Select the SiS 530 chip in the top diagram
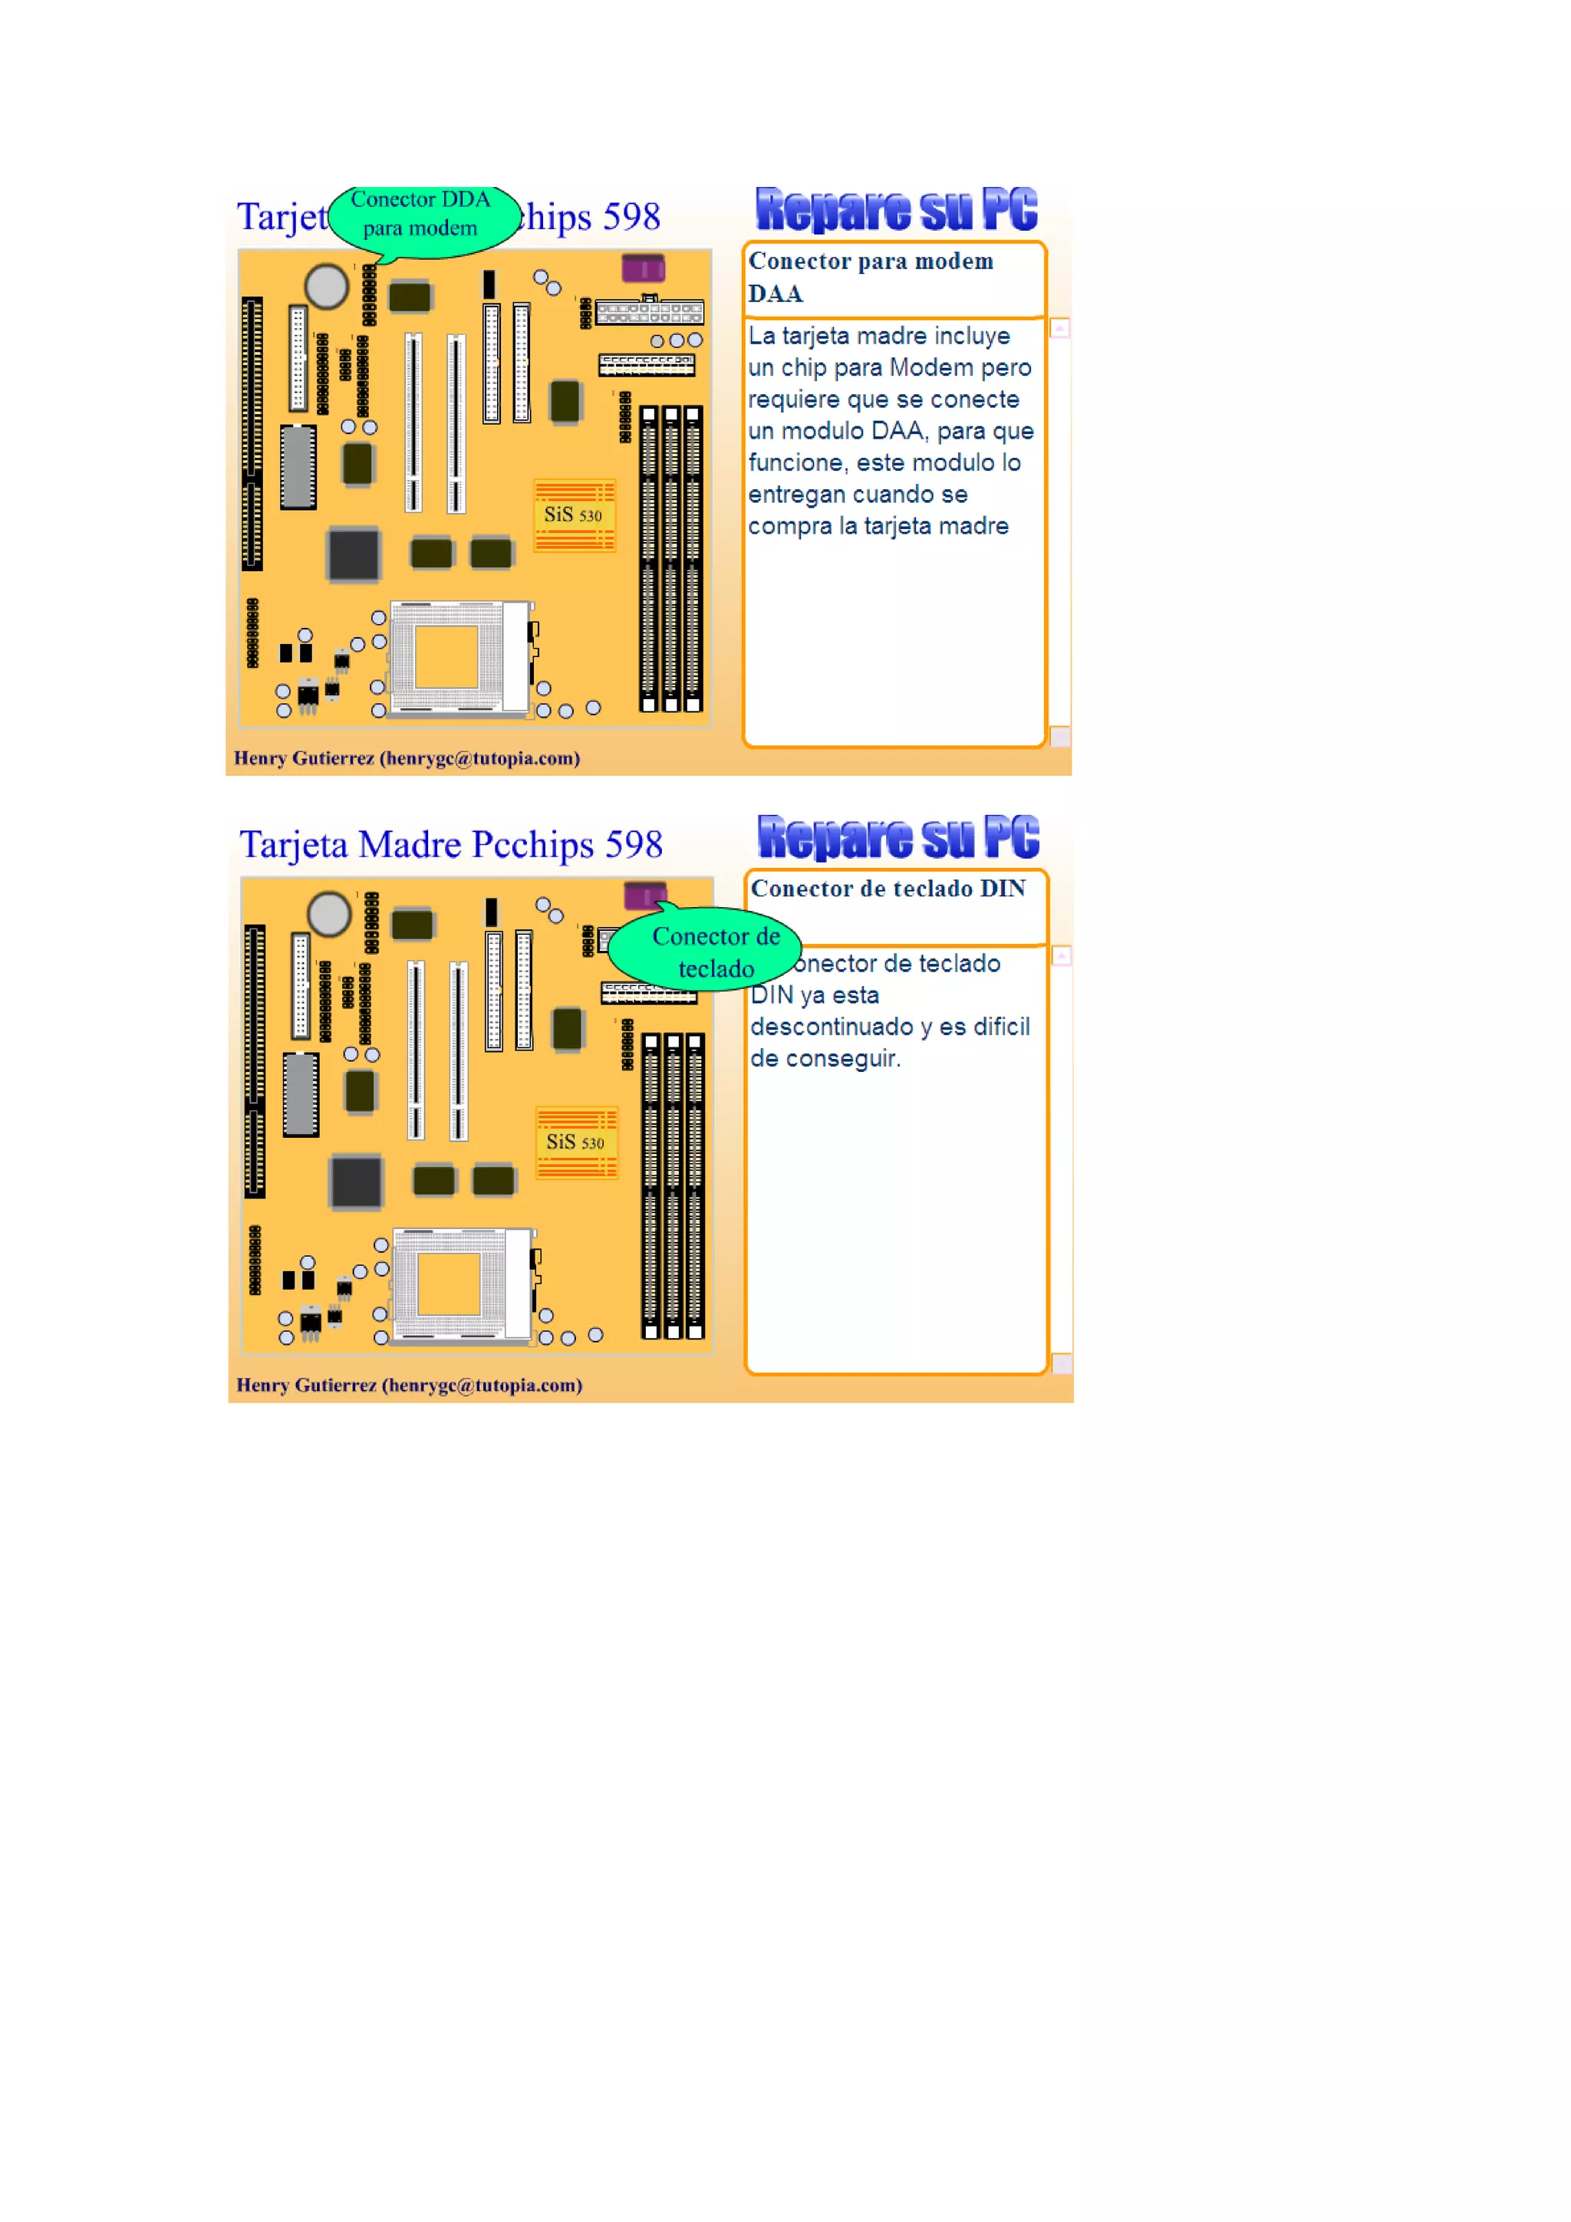(x=574, y=514)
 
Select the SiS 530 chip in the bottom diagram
(x=576, y=1142)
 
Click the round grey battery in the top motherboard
(x=326, y=287)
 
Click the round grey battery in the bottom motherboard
(x=329, y=914)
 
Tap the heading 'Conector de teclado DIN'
(x=888, y=889)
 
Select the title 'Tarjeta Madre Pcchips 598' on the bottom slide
(x=451, y=845)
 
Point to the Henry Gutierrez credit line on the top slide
(x=407, y=758)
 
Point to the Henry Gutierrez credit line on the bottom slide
(x=410, y=1385)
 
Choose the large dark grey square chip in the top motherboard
(x=354, y=554)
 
